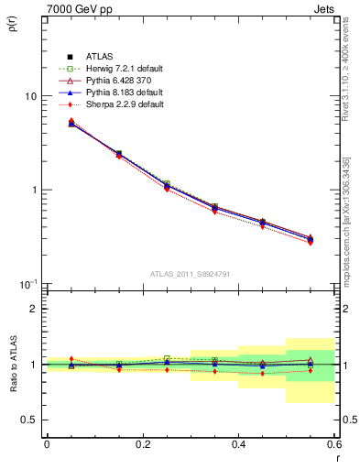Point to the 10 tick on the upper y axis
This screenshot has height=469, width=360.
tap(30, 96)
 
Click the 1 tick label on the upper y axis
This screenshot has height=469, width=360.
tap(33, 191)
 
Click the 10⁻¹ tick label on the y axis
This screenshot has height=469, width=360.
tap(28, 285)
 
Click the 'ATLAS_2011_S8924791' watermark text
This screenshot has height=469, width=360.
tap(190, 274)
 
